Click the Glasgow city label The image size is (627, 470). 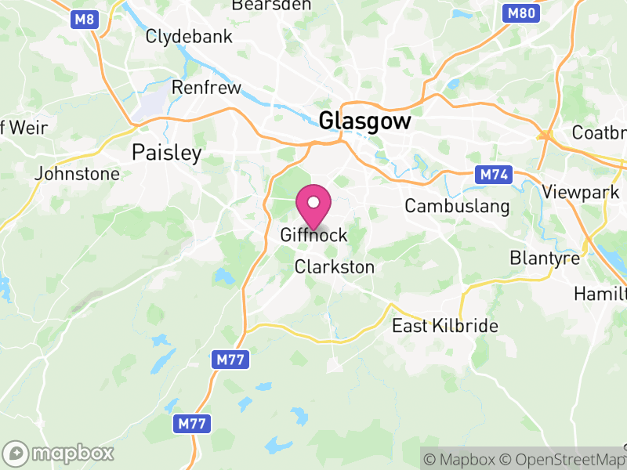click(365, 121)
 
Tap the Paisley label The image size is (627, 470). click(167, 152)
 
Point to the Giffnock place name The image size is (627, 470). click(313, 235)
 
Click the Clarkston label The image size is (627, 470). click(335, 267)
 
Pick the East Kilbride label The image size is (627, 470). click(444, 326)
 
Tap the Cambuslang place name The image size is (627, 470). click(457, 206)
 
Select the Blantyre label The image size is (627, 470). click(545, 258)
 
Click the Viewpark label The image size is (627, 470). click(581, 192)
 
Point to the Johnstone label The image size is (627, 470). click(78, 174)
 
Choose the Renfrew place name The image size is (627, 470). click(206, 88)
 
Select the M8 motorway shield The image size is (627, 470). click(85, 20)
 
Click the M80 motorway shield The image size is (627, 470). click(521, 13)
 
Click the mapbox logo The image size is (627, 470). click(59, 453)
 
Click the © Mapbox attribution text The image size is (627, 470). click(460, 458)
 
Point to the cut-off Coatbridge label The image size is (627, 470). click(599, 132)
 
